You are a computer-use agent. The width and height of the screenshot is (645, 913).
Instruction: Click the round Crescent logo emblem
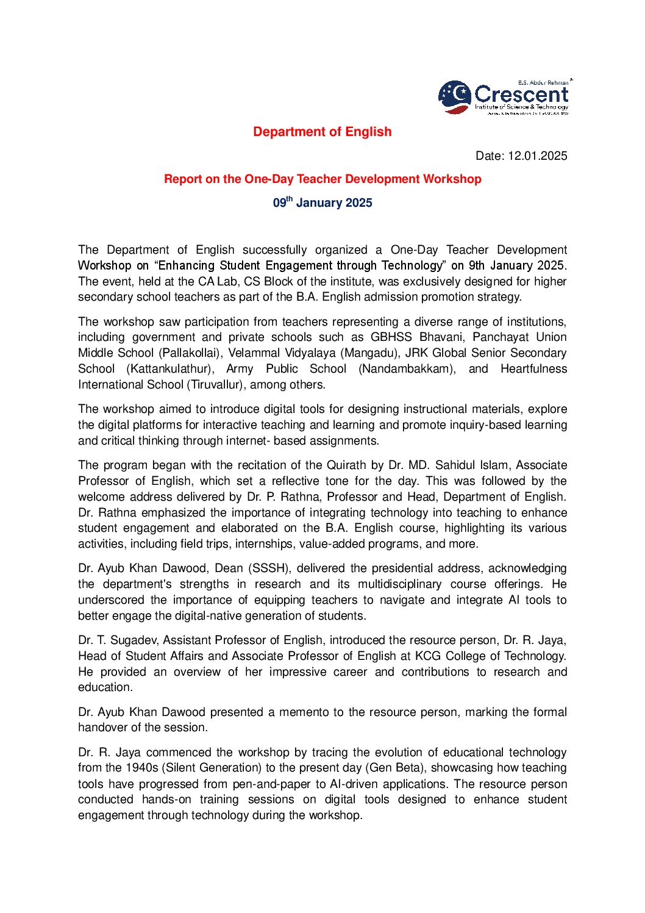point(455,97)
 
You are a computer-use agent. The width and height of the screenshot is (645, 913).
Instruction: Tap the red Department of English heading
point(322,132)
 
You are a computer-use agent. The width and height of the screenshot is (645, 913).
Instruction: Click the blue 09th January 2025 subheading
point(322,202)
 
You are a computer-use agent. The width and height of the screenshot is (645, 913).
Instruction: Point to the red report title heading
point(322,179)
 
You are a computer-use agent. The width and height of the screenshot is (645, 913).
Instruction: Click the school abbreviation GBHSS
point(391,337)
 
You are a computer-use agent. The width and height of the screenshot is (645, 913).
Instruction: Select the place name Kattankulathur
point(170,369)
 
